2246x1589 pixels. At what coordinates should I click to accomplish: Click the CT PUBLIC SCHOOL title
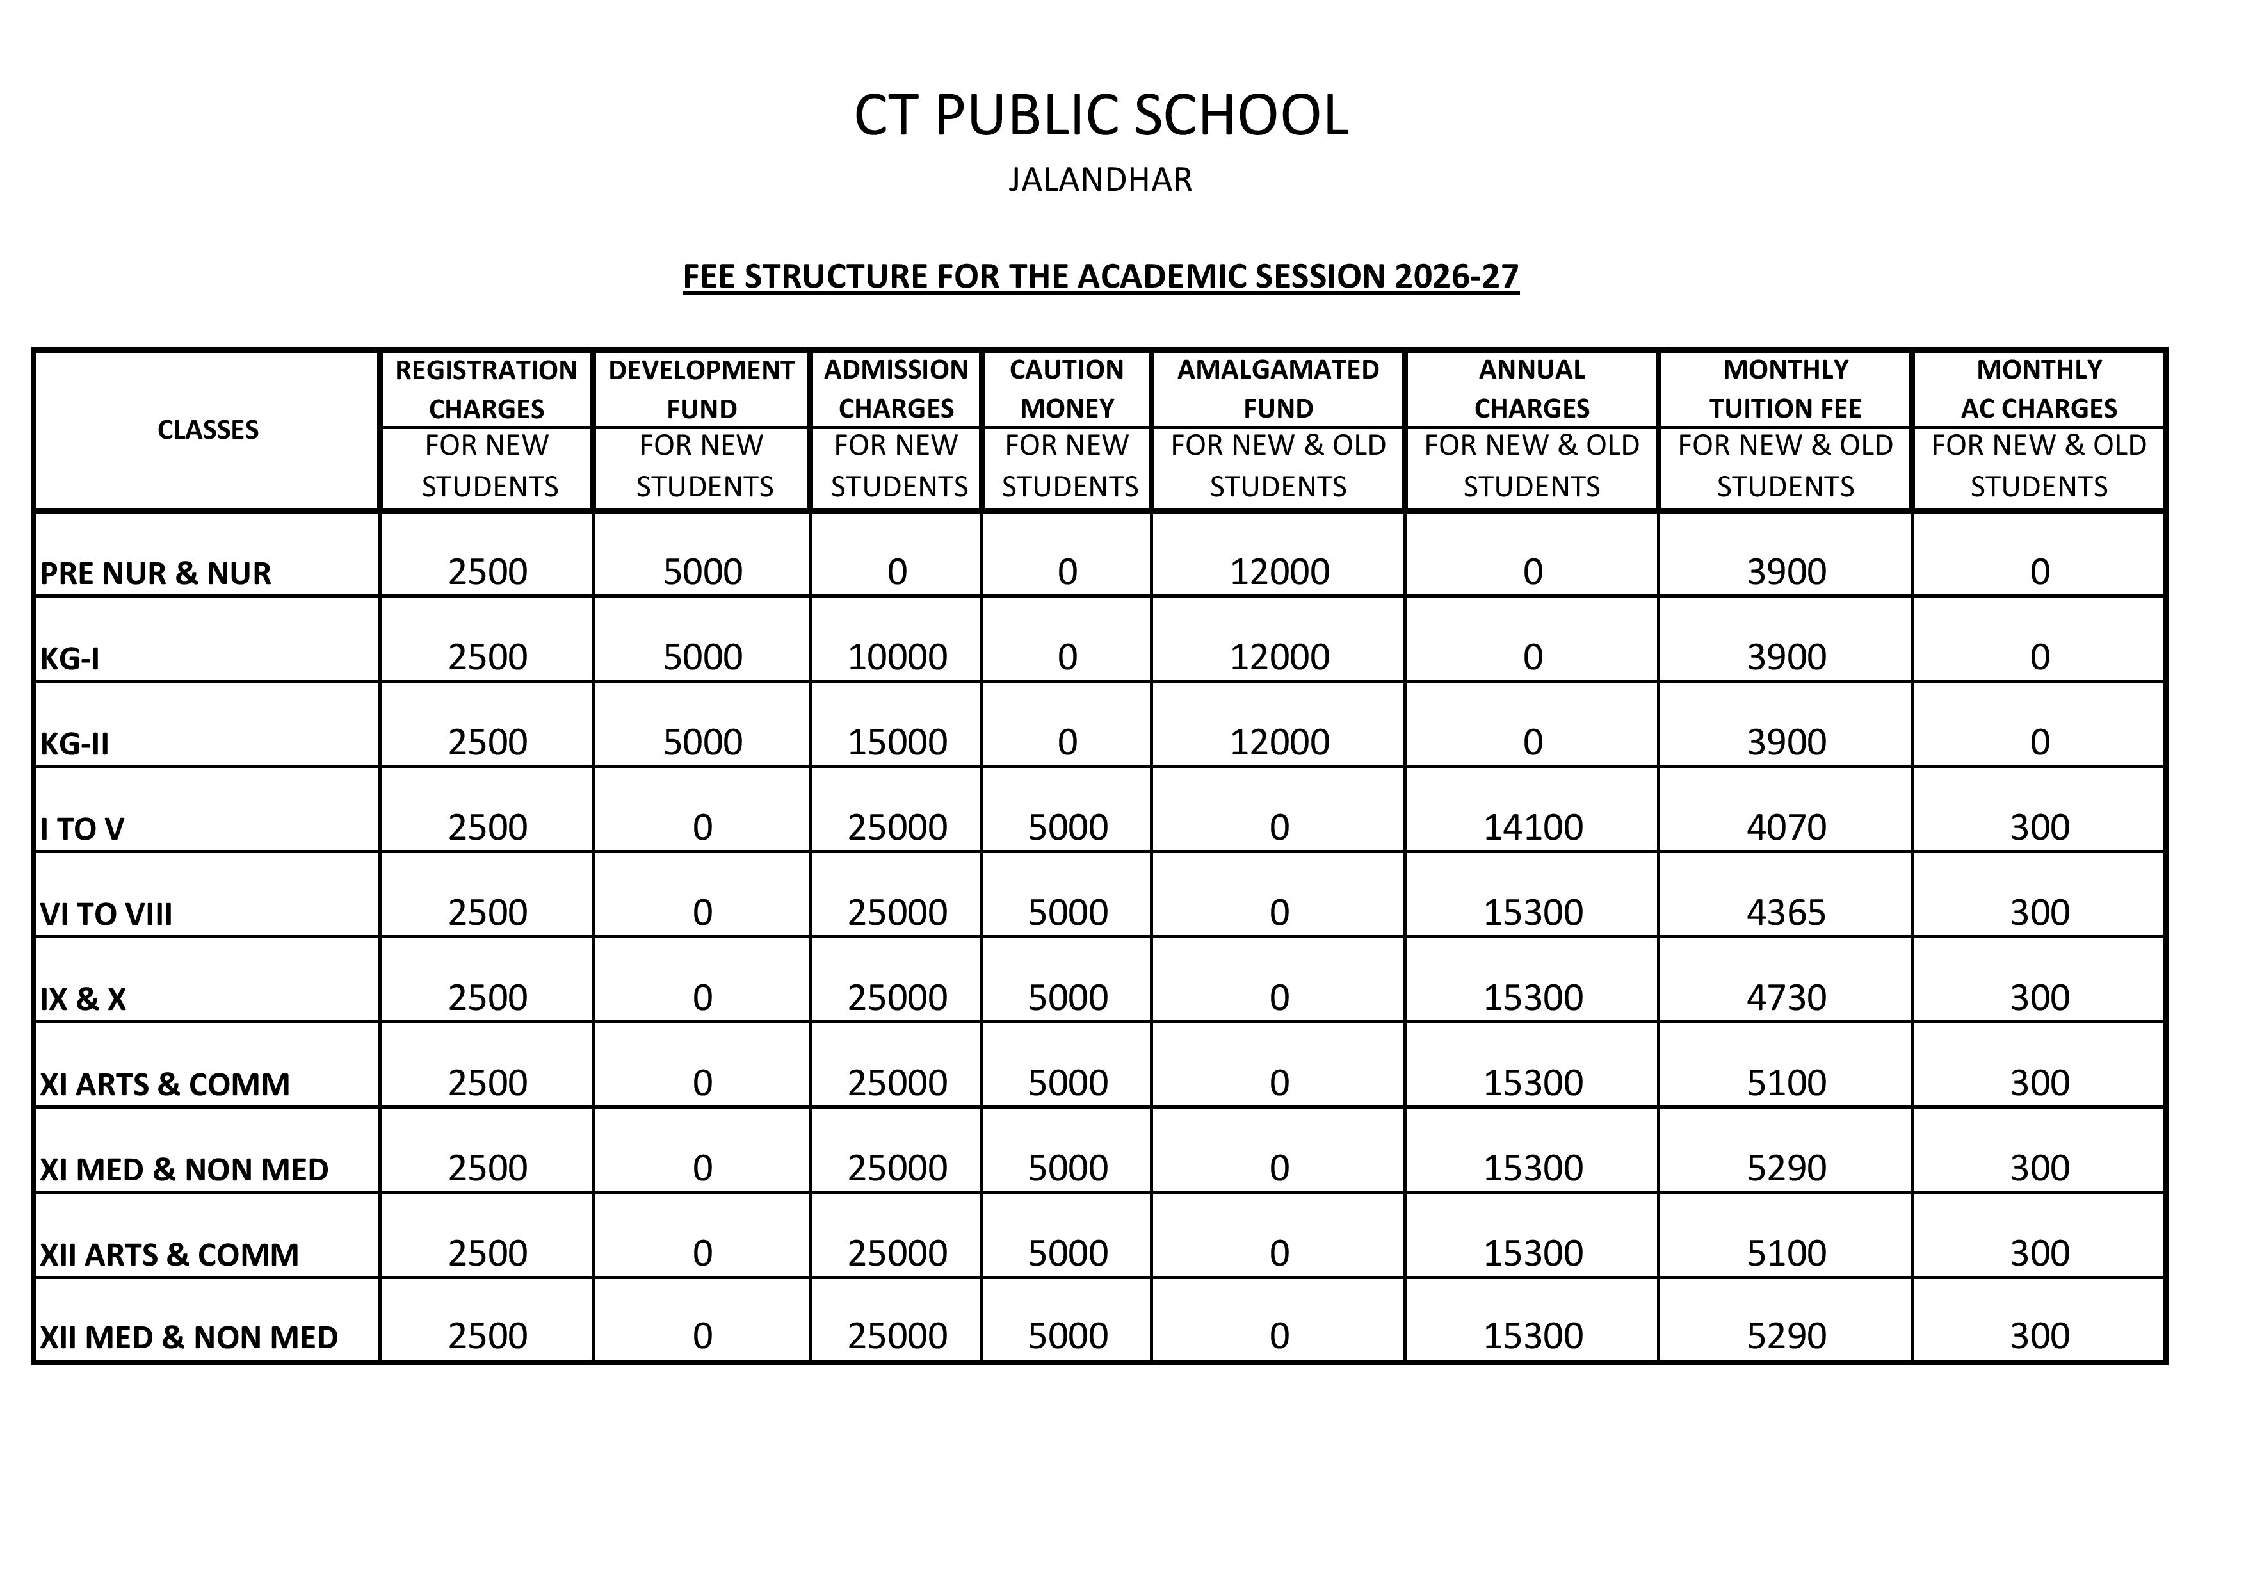pos(1101,115)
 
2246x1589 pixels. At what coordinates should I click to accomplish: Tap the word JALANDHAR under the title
pos(1101,180)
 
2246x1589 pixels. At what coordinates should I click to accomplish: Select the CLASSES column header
pos(207,430)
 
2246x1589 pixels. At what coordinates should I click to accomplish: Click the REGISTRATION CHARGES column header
pos(486,389)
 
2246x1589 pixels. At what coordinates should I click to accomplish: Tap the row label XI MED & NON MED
pos(184,1169)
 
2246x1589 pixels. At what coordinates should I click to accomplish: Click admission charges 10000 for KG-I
pos(897,656)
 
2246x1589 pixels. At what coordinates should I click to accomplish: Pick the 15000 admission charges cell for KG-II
pos(897,742)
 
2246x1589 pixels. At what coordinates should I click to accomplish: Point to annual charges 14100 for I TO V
pos(1532,827)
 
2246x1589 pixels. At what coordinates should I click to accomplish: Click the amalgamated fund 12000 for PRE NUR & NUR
pos(1279,571)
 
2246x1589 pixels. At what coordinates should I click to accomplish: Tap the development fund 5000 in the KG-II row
pos(702,742)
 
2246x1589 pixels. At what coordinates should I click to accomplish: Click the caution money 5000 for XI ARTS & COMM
pos(1067,1083)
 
